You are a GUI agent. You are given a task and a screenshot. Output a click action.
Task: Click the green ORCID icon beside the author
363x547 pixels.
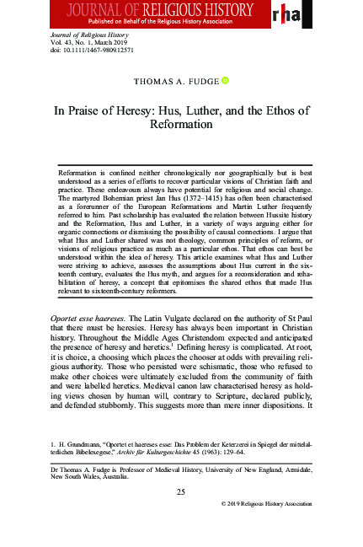pyautogui.click(x=225, y=81)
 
